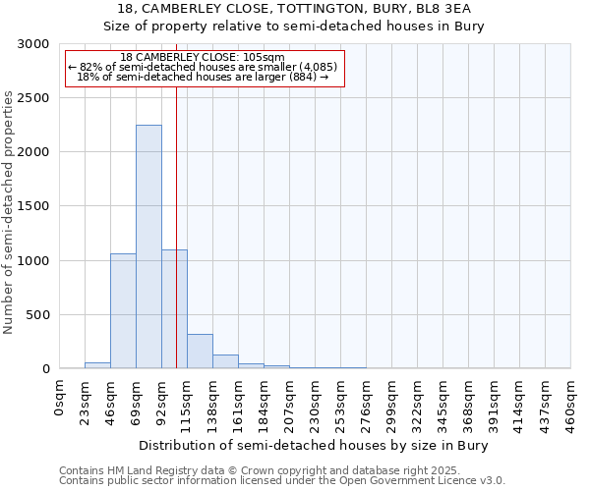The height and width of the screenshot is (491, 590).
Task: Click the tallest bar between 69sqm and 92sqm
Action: point(148,246)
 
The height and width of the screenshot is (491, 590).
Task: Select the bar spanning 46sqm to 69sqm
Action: point(123,310)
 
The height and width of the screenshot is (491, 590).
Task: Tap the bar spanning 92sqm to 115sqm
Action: point(174,308)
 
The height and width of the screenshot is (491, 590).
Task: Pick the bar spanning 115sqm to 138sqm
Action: point(200,351)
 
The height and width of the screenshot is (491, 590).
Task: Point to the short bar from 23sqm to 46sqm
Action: point(97,365)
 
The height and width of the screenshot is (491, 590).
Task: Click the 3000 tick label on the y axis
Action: point(32,44)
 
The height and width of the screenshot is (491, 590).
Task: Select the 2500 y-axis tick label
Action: point(32,98)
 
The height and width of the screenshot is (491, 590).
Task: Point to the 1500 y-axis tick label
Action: point(32,206)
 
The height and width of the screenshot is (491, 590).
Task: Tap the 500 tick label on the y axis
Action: point(36,315)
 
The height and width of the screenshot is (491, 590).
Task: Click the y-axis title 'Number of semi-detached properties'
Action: point(9,212)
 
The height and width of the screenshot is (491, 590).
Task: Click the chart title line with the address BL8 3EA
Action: point(294,8)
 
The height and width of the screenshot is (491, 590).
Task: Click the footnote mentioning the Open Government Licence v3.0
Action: point(281,481)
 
